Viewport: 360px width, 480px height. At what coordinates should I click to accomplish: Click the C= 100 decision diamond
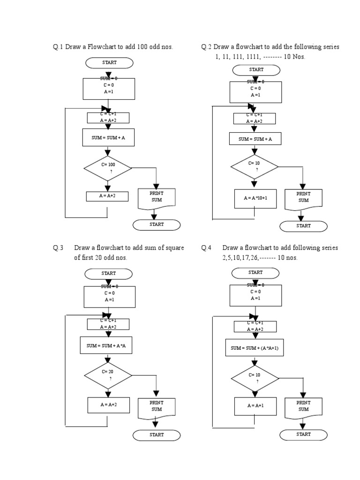click(108, 168)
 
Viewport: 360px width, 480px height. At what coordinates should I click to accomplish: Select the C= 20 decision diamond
click(108, 375)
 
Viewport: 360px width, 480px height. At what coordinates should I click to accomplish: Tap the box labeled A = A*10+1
click(255, 198)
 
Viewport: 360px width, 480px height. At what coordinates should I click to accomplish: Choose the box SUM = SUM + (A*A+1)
click(255, 348)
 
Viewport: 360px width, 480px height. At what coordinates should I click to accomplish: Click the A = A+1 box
click(255, 406)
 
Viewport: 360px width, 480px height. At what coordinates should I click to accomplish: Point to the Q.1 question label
click(58, 47)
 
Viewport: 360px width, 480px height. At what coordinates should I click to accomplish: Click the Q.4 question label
click(206, 247)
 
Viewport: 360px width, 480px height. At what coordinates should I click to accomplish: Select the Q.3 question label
click(58, 247)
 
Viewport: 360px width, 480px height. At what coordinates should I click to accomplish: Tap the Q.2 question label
click(206, 47)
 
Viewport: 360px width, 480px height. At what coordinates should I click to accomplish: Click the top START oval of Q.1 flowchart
click(109, 62)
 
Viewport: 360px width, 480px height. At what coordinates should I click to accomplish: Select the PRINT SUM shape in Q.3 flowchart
click(157, 406)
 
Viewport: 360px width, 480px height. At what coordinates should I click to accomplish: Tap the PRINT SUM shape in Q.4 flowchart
click(303, 406)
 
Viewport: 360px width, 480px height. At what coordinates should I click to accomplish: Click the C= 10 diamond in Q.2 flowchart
click(255, 166)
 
